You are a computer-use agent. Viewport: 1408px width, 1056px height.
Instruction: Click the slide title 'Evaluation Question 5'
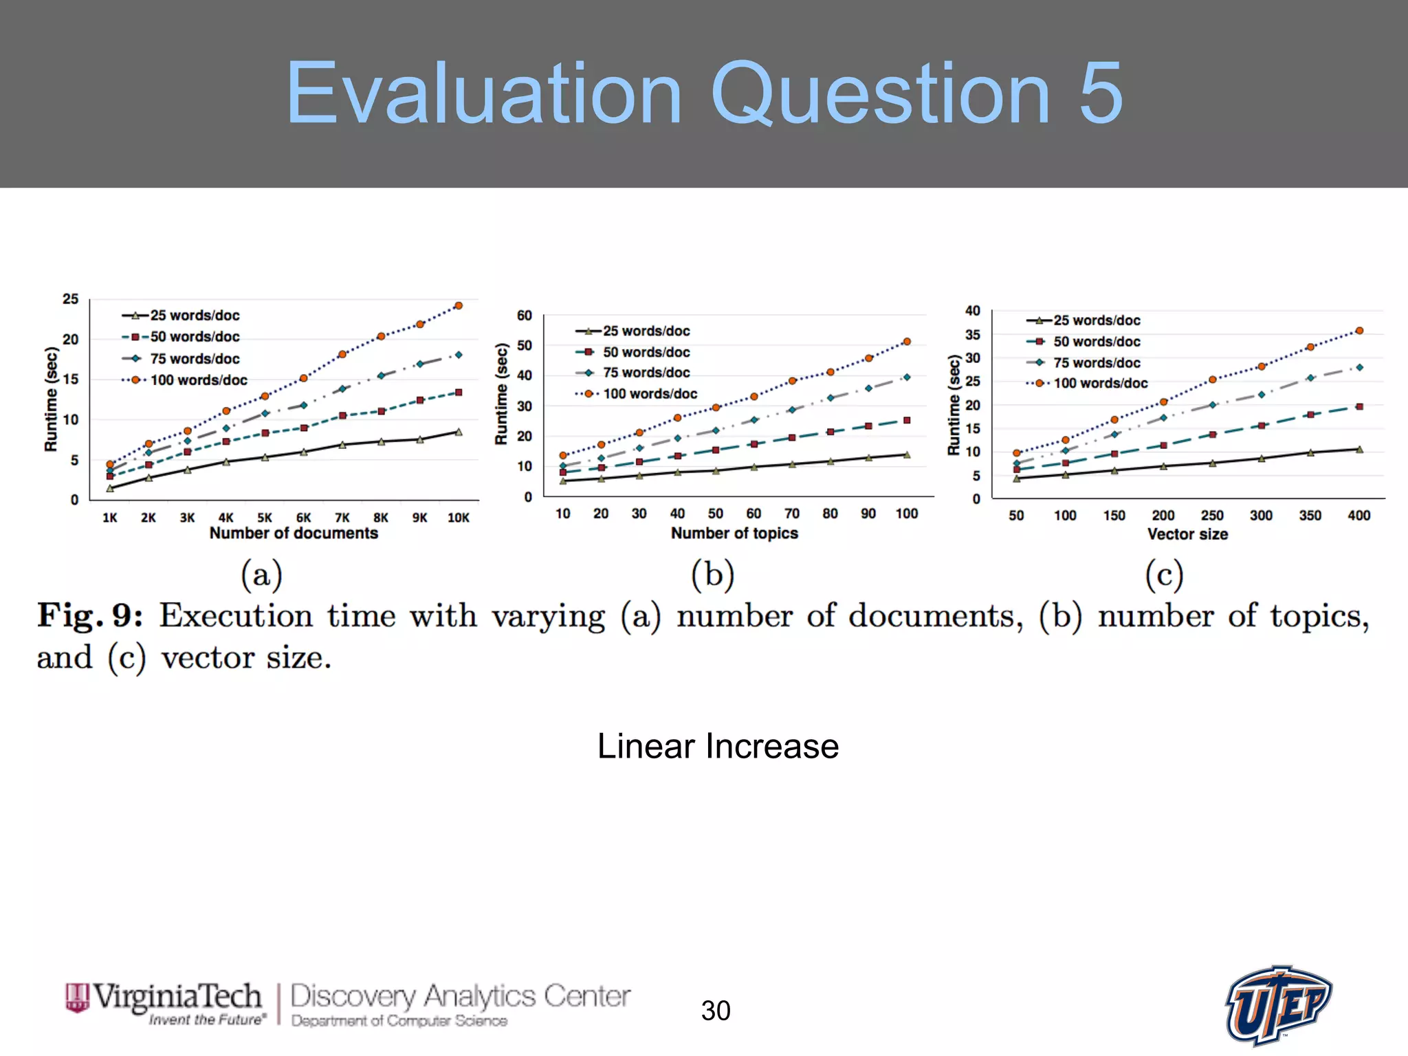tap(704, 93)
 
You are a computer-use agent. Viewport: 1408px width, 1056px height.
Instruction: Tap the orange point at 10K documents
tap(459, 305)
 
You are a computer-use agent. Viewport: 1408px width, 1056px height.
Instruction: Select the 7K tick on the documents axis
tap(342, 518)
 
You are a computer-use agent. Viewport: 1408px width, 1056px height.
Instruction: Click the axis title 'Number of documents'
tap(294, 533)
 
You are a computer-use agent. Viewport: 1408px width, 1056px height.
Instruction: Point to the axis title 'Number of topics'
tap(734, 533)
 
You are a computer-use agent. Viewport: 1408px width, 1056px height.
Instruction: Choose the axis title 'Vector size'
tap(1187, 534)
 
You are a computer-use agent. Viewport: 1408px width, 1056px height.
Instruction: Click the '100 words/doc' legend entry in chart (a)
tap(198, 380)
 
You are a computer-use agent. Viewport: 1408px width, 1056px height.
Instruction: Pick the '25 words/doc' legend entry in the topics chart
tap(646, 331)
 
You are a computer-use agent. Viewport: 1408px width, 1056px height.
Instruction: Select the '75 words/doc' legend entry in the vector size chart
tap(1096, 362)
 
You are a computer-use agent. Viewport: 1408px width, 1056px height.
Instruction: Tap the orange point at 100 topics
tap(907, 342)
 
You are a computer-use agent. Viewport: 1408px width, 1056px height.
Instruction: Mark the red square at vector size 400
tap(1359, 407)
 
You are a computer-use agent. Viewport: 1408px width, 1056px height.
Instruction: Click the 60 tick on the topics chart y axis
tap(525, 316)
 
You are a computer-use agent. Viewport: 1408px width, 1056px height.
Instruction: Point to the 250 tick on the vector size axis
tap(1212, 516)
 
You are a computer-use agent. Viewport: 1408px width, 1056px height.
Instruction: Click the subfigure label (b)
tap(712, 575)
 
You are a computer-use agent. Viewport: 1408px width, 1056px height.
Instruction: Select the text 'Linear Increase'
tap(718, 747)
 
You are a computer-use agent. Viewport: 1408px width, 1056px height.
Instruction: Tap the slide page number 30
tap(716, 1011)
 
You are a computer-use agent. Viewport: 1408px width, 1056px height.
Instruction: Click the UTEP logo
tap(1278, 1004)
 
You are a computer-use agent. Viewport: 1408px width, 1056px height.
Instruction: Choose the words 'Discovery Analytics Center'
tap(460, 996)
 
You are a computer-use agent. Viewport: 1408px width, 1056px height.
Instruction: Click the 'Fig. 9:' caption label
tap(90, 615)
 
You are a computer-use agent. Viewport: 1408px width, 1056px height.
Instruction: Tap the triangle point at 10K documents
tap(459, 432)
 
